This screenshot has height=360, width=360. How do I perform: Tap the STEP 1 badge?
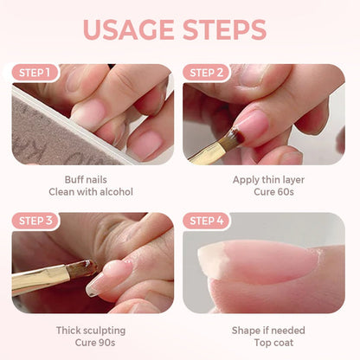[36, 73]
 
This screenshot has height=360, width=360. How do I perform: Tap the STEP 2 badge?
[207, 73]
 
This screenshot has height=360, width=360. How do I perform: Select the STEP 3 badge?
[36, 221]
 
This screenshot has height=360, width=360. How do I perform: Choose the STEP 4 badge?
[207, 221]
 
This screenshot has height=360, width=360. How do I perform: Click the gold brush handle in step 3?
[39, 281]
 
